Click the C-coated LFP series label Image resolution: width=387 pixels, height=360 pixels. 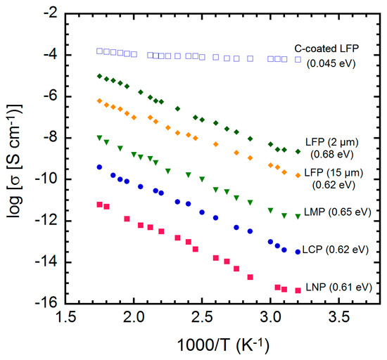point(326,49)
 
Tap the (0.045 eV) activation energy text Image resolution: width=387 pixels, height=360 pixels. point(331,63)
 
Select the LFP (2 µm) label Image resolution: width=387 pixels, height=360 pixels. point(332,142)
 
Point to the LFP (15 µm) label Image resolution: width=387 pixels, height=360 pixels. point(334,172)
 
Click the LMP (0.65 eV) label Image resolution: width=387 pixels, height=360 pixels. point(338,212)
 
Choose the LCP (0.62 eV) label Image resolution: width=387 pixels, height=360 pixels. point(336,250)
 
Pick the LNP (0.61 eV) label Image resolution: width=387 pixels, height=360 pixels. point(339,288)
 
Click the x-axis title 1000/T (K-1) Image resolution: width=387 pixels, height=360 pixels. point(223,345)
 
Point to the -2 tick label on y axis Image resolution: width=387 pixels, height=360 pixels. point(51,13)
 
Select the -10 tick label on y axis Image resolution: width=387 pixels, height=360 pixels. point(47,179)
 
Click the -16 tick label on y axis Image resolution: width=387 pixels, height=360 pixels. point(47,303)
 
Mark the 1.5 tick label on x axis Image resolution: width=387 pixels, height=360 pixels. point(66,317)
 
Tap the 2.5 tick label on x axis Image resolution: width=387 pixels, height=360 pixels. point(202,317)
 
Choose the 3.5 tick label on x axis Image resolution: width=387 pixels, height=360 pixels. point(339,317)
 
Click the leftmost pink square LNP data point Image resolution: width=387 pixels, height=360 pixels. point(99,205)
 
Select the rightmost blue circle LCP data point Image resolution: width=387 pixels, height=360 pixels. point(298,252)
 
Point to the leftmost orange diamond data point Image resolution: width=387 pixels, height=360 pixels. point(99,101)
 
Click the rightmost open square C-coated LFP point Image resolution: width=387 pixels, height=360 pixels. point(298,60)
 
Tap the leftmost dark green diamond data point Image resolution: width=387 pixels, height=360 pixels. point(99,76)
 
